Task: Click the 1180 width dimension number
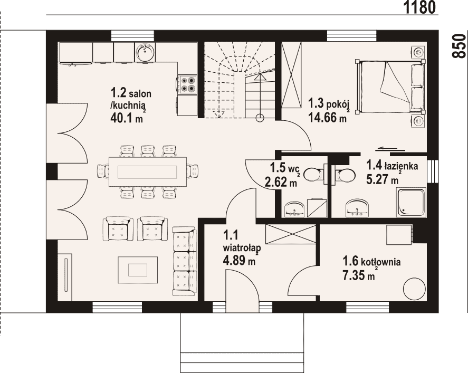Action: pos(420,7)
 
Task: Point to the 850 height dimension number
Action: pos(459,46)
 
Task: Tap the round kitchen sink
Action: pos(145,52)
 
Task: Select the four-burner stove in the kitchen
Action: pos(188,84)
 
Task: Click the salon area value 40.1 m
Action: pos(126,118)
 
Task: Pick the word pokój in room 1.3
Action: pos(338,105)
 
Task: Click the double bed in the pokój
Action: pos(390,87)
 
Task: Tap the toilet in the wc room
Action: pos(314,175)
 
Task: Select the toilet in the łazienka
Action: pos(344,175)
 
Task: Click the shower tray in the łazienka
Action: pos(411,202)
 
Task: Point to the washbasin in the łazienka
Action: pos(357,207)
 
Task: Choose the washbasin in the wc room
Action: pos(294,209)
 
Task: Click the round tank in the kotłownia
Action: pos(414,289)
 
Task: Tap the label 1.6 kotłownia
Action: pos(371,262)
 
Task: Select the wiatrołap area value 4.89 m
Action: pos(239,261)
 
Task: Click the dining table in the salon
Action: pos(148,171)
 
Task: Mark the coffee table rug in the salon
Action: pos(138,270)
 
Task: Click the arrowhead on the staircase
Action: pos(260,77)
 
